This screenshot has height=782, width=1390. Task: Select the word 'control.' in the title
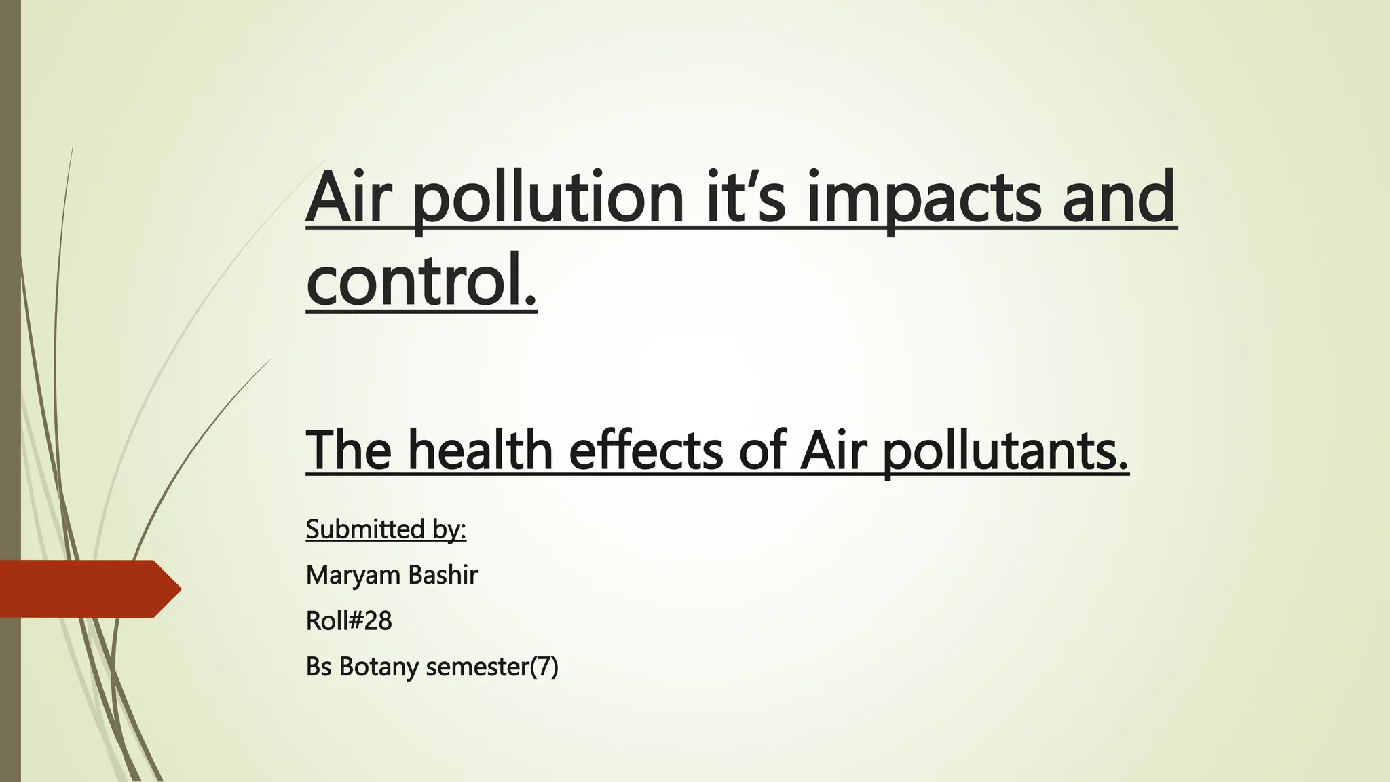tap(421, 280)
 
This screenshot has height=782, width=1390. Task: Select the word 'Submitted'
tap(365, 529)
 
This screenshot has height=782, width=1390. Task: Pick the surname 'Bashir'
tap(443, 575)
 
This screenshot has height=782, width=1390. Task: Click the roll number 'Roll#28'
tap(349, 620)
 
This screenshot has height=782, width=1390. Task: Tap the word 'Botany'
tap(379, 667)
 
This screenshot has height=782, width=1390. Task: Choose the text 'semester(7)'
tap(492, 667)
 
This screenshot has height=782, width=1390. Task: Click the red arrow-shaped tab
tap(88, 589)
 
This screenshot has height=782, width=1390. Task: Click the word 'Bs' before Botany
tap(318, 667)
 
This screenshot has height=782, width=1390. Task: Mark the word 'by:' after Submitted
tap(449, 529)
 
